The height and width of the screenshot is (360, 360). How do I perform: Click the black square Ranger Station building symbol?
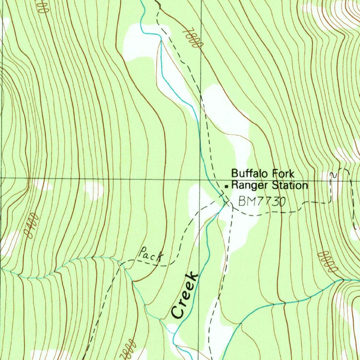tap(227, 186)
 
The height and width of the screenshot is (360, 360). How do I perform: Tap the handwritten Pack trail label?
tap(150, 255)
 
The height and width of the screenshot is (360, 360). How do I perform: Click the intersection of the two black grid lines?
tap(201, 178)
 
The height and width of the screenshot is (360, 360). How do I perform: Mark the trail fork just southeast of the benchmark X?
tap(232, 207)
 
